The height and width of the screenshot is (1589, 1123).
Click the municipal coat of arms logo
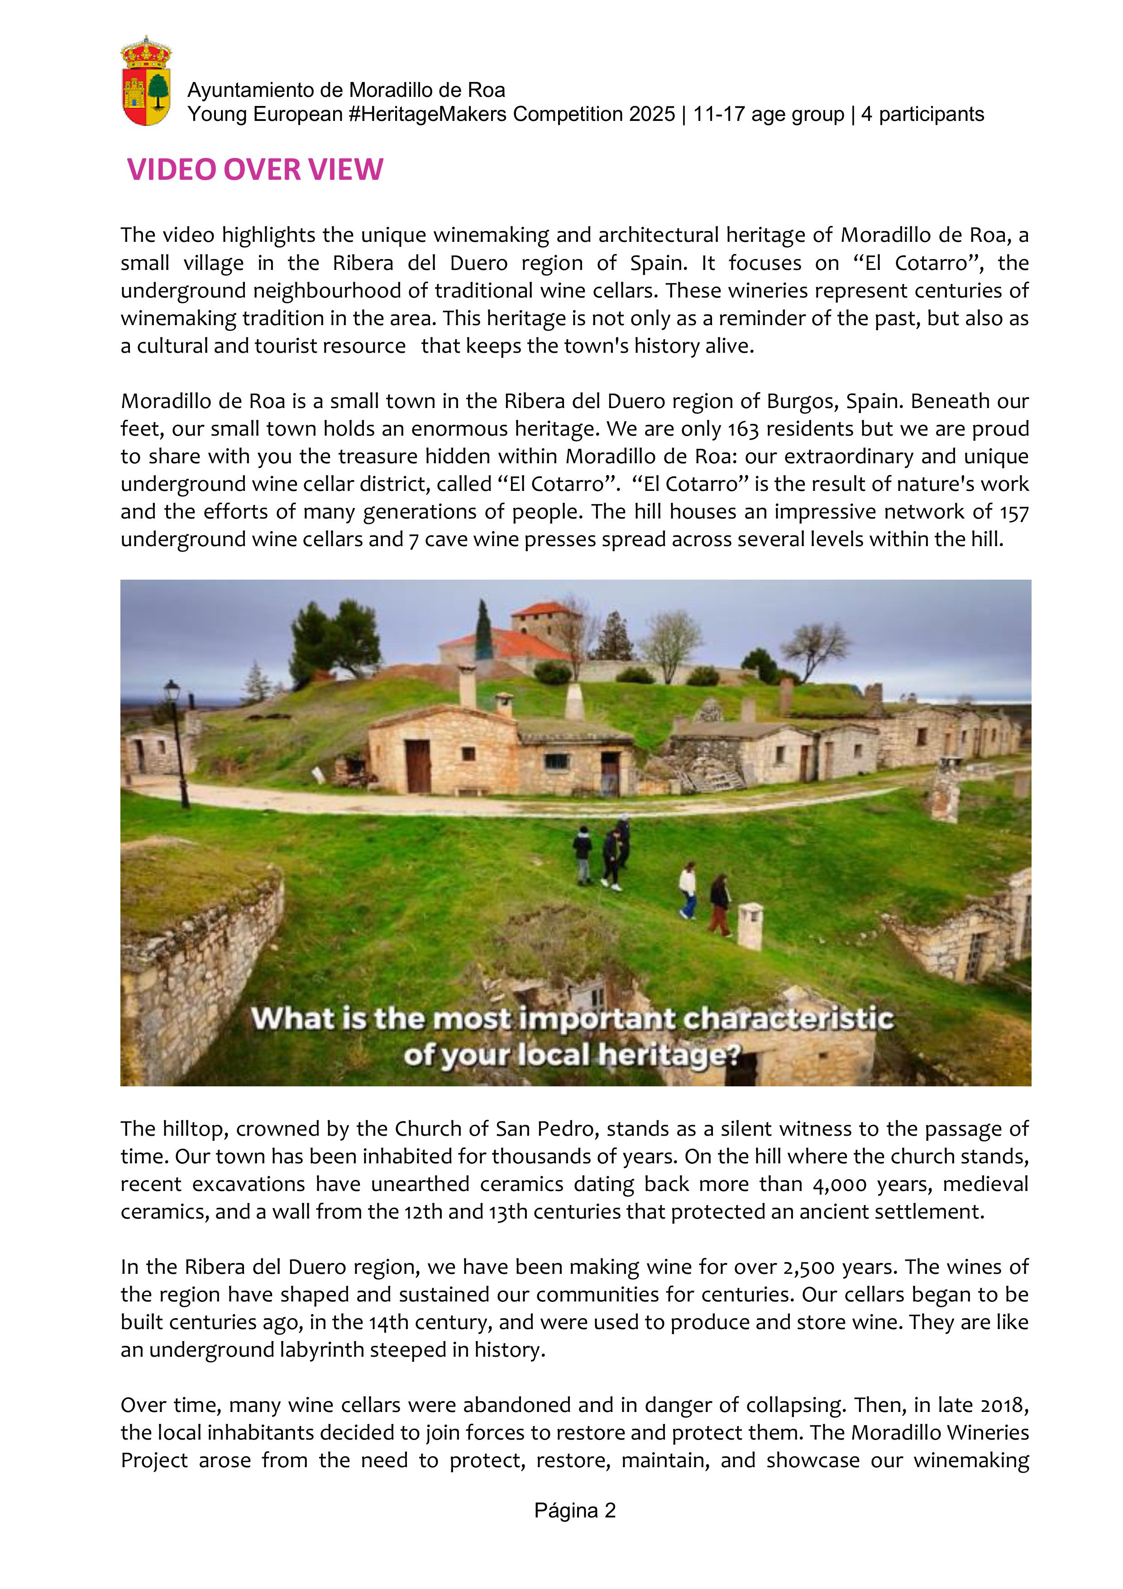click(x=146, y=82)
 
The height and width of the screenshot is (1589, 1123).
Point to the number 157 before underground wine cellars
click(x=1014, y=512)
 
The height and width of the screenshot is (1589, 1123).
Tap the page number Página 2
click(x=574, y=1510)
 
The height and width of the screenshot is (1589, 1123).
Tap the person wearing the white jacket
click(x=687, y=889)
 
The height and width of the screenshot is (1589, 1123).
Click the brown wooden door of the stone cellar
click(x=418, y=765)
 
